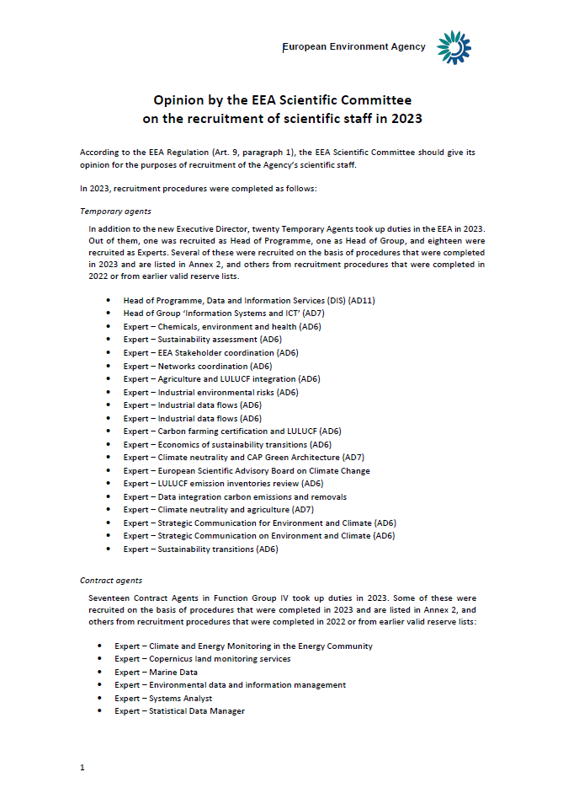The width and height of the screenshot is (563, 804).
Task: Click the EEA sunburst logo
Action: [x=454, y=47]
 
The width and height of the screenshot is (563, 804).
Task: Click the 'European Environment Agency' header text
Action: [x=353, y=47]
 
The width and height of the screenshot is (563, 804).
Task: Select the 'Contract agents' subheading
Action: [x=111, y=580]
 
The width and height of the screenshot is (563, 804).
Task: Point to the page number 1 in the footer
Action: [x=82, y=767]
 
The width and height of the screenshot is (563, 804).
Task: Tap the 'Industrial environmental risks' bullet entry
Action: [x=210, y=392]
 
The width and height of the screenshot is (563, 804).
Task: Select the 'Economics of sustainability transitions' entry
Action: [x=227, y=444]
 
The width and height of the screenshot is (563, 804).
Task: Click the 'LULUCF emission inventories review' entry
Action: [x=223, y=484]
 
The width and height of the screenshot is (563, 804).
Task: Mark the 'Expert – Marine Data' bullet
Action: [x=157, y=672]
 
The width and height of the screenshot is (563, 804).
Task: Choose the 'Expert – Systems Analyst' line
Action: [x=163, y=698]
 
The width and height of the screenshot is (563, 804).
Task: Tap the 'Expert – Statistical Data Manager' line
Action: [x=180, y=711]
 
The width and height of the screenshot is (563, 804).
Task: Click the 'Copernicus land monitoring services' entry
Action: [x=203, y=659]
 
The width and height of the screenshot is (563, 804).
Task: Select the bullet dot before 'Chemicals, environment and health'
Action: [x=109, y=327]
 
